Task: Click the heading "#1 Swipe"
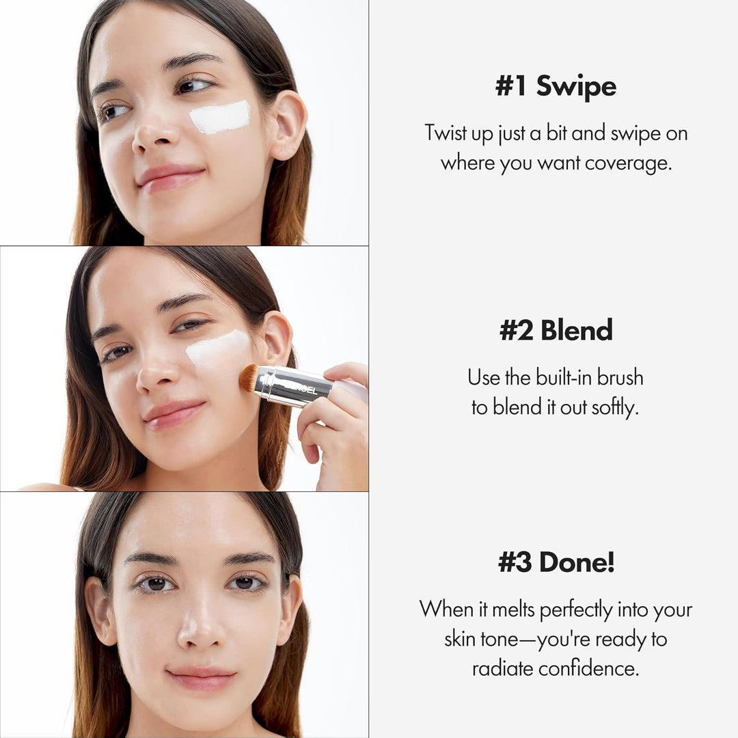[556, 87]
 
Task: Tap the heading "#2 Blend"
[556, 330]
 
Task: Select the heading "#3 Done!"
[556, 562]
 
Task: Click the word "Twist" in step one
[446, 133]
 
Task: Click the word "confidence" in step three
[589, 668]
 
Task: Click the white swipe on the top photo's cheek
[219, 117]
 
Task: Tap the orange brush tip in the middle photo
[249, 377]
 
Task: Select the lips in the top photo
[171, 176]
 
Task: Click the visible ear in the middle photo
[275, 338]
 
